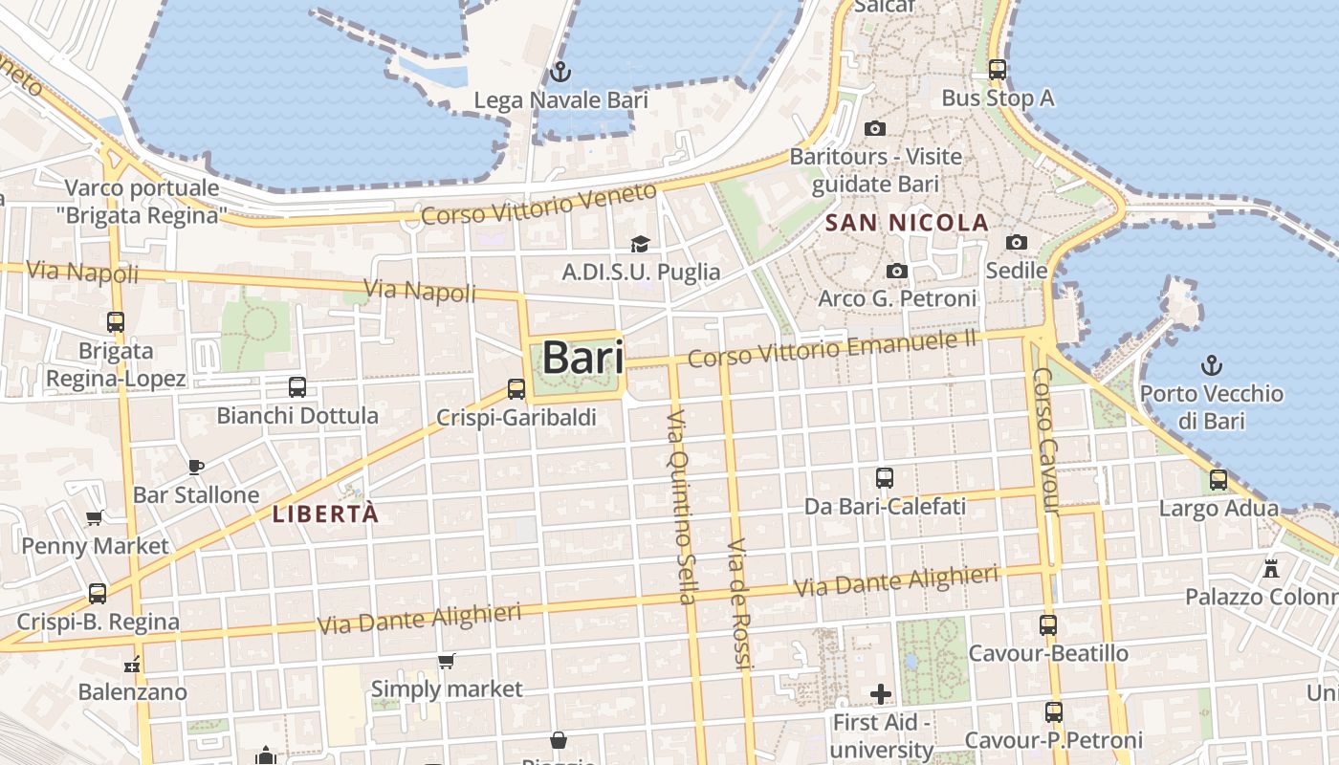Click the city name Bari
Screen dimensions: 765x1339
582,358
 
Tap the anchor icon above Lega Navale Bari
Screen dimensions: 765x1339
560,72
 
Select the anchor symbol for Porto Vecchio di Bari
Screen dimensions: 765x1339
1212,364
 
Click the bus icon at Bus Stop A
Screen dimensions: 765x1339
998,70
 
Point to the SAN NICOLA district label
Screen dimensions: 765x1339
907,223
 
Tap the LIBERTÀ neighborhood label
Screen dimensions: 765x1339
326,514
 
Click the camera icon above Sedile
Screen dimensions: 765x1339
1017,243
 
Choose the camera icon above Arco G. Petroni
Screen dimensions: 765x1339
896,272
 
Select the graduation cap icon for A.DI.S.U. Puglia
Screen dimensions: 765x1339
640,245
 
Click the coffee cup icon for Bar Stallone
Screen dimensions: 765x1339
196,467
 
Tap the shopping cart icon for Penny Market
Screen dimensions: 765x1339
94,518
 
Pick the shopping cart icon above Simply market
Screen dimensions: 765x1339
446,661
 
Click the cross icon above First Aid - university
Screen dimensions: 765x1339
881,693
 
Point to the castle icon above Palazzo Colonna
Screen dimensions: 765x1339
1271,568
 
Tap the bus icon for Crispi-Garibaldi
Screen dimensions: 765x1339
516,389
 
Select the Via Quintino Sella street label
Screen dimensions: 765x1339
680,507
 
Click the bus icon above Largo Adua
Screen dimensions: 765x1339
1218,480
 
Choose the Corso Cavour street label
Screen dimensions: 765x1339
1048,440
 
